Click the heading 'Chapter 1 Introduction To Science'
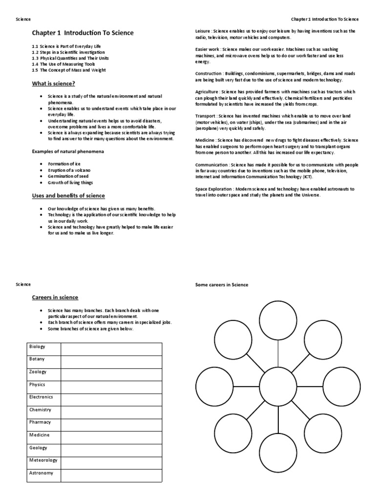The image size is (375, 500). click(83, 33)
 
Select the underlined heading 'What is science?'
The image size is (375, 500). click(54, 84)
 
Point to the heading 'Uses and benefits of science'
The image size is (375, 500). click(68, 196)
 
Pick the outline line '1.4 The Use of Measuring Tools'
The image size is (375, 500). click(63, 64)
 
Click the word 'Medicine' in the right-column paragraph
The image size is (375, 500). click(205, 140)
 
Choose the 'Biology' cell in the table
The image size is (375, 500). click(37, 347)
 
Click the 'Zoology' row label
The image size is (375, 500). click(38, 372)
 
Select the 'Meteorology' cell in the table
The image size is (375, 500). click(43, 460)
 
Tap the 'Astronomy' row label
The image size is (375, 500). click(42, 473)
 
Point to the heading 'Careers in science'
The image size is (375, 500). click(55, 297)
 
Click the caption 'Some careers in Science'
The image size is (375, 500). click(222, 285)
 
